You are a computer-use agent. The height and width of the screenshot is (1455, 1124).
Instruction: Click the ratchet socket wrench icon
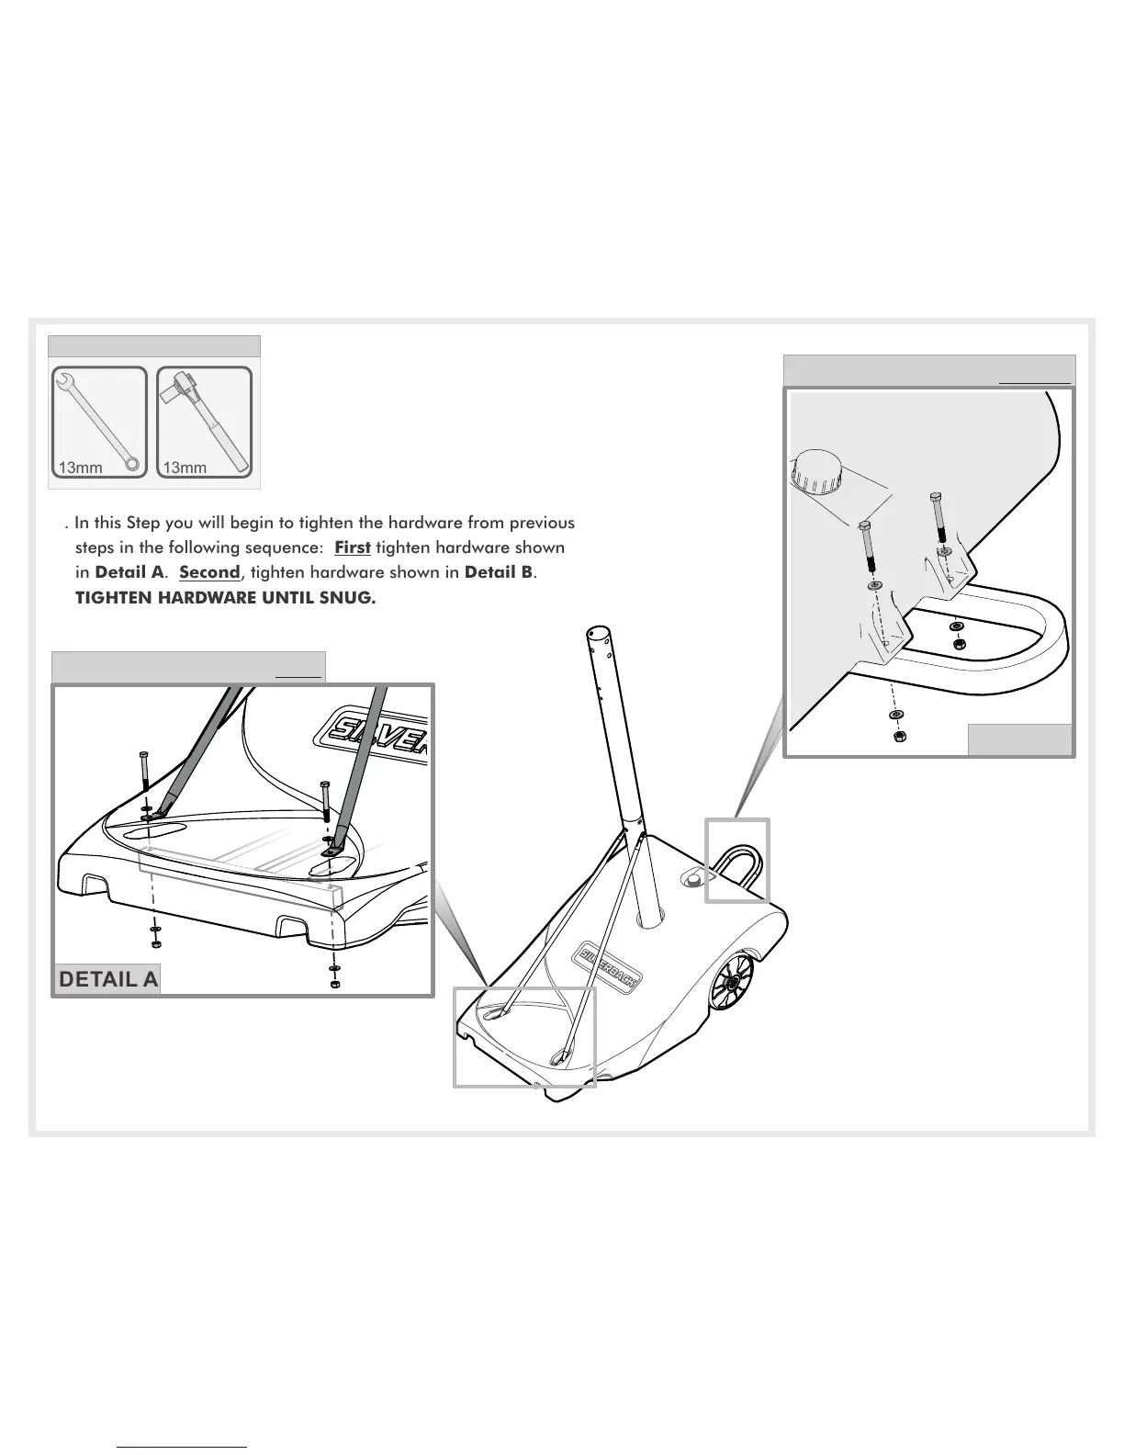pos(204,423)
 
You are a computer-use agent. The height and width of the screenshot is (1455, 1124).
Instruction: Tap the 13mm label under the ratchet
pos(185,468)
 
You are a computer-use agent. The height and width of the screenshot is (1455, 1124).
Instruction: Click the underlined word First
pos(353,547)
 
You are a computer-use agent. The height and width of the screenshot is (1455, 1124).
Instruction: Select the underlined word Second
pos(209,572)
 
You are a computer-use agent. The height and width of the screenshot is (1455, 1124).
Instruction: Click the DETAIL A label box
pos(108,979)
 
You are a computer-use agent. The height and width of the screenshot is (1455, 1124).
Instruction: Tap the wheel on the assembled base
pos(733,984)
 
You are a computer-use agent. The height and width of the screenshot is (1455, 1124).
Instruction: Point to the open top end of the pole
pos(597,633)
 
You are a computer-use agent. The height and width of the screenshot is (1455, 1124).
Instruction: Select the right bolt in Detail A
pos(325,799)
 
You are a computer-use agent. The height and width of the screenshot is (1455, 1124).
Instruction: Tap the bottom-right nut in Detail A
pos(334,984)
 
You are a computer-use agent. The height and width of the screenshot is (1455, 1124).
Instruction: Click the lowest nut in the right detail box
pos(900,737)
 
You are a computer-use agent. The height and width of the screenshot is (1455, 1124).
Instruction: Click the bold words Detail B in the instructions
pos(499,572)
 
